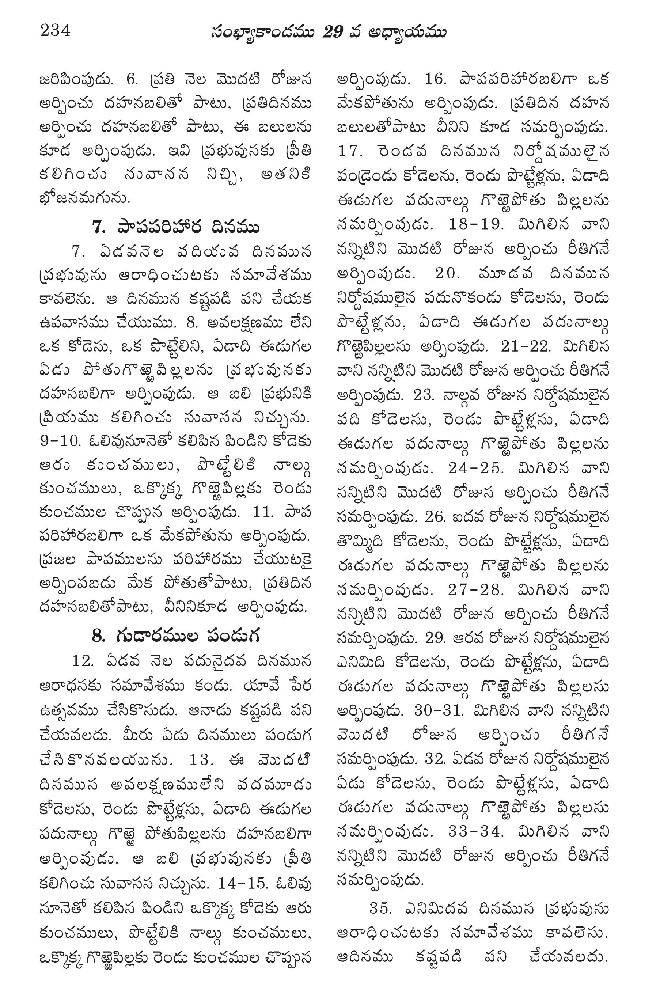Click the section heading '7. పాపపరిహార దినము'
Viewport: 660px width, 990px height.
coord(175,227)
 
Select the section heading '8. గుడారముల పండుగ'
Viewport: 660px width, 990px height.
coord(175,635)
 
